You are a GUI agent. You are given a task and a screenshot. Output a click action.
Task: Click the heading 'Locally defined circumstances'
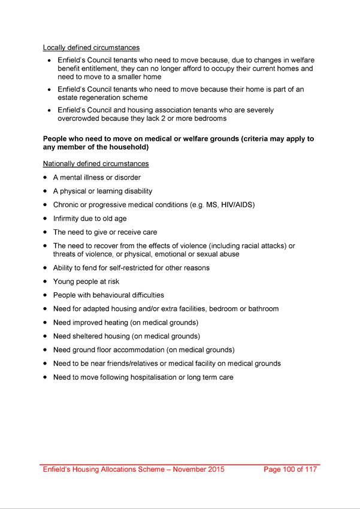91,47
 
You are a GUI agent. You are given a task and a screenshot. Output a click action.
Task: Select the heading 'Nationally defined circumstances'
96,163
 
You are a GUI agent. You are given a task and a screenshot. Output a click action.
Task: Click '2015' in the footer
215,469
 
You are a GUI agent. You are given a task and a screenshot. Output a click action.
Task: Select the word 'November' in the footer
185,469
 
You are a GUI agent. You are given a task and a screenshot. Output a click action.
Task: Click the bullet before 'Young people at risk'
46,281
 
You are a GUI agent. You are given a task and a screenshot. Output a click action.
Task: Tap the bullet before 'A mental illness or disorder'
46,178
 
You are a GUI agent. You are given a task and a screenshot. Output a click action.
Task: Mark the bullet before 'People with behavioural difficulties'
46,295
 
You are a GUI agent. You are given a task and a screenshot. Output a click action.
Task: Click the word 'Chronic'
66,205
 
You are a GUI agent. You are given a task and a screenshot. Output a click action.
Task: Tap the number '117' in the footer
310,469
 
